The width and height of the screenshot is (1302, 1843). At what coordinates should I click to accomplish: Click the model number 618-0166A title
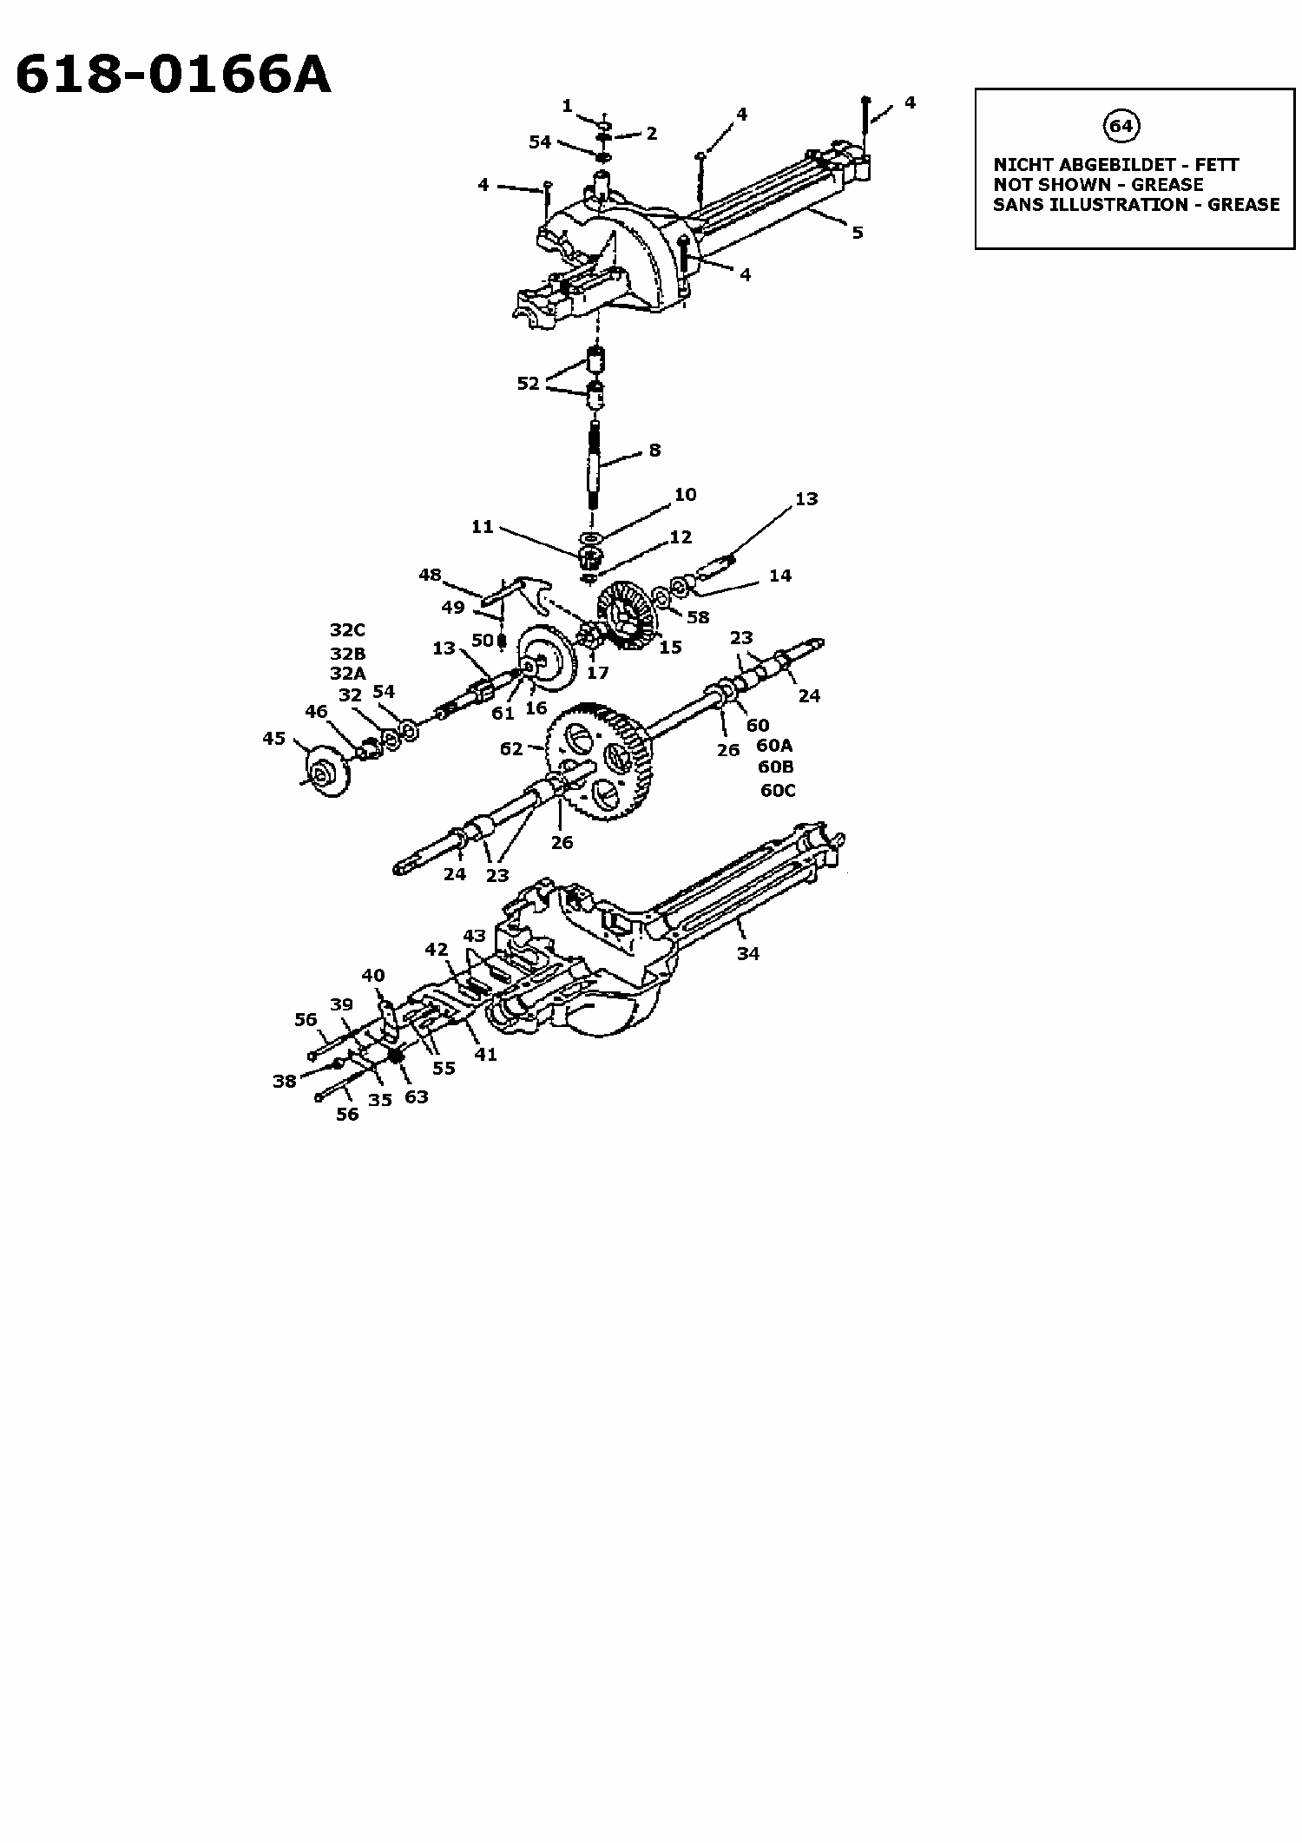tap(174, 74)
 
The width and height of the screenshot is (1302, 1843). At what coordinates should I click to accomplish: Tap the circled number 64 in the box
tap(1121, 127)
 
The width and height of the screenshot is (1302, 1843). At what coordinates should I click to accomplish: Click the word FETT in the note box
tap(1217, 164)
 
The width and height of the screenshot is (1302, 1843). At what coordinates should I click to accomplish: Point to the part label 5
tap(858, 233)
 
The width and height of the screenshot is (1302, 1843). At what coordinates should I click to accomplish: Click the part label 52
tap(529, 383)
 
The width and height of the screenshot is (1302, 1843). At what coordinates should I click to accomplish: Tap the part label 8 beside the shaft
tap(654, 450)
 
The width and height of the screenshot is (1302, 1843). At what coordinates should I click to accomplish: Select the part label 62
tap(511, 748)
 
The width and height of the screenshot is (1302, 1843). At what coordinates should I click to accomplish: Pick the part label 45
tap(274, 738)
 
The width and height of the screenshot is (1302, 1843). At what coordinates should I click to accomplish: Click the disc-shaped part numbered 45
tap(328, 767)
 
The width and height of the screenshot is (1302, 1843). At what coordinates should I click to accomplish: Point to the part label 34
tap(748, 953)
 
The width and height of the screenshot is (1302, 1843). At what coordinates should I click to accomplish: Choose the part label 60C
tap(778, 790)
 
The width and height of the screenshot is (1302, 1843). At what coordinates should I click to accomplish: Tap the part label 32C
tap(348, 630)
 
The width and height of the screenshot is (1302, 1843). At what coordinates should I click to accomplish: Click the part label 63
tap(417, 1096)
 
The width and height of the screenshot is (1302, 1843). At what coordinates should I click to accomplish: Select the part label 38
tap(285, 1081)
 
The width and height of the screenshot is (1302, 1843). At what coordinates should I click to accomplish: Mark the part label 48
tap(430, 575)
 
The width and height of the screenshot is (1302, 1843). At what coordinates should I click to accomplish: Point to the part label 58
tap(698, 617)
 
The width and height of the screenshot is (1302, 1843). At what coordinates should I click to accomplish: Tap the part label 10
tap(685, 494)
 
